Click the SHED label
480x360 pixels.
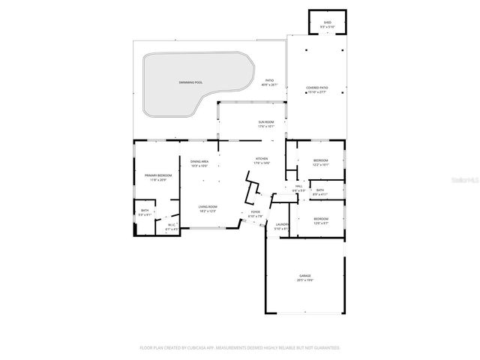click(x=327, y=23)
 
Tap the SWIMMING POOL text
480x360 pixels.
click(x=190, y=82)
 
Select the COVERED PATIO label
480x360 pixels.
click(x=316, y=88)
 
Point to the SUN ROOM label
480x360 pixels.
click(x=266, y=121)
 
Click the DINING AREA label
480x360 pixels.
click(x=199, y=162)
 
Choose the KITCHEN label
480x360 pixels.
click(x=262, y=159)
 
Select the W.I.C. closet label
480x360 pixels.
click(x=171, y=224)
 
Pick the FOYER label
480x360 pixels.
click(x=255, y=212)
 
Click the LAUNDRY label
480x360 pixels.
click(x=282, y=224)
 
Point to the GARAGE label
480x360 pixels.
click(x=305, y=276)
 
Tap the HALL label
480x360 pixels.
click(x=298, y=186)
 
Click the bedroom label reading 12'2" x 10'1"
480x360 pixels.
click(x=320, y=160)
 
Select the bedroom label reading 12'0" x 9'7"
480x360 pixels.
click(x=320, y=218)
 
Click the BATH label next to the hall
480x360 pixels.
click(x=320, y=190)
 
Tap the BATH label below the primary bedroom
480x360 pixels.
click(x=145, y=211)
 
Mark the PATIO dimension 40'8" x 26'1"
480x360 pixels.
click(x=268, y=85)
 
